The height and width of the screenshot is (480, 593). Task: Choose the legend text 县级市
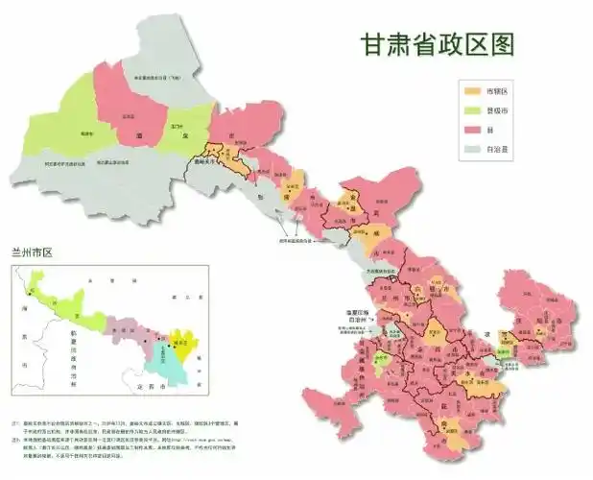(498, 109)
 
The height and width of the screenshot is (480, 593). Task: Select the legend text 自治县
(498, 148)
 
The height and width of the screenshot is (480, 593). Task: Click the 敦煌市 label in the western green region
(87, 133)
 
